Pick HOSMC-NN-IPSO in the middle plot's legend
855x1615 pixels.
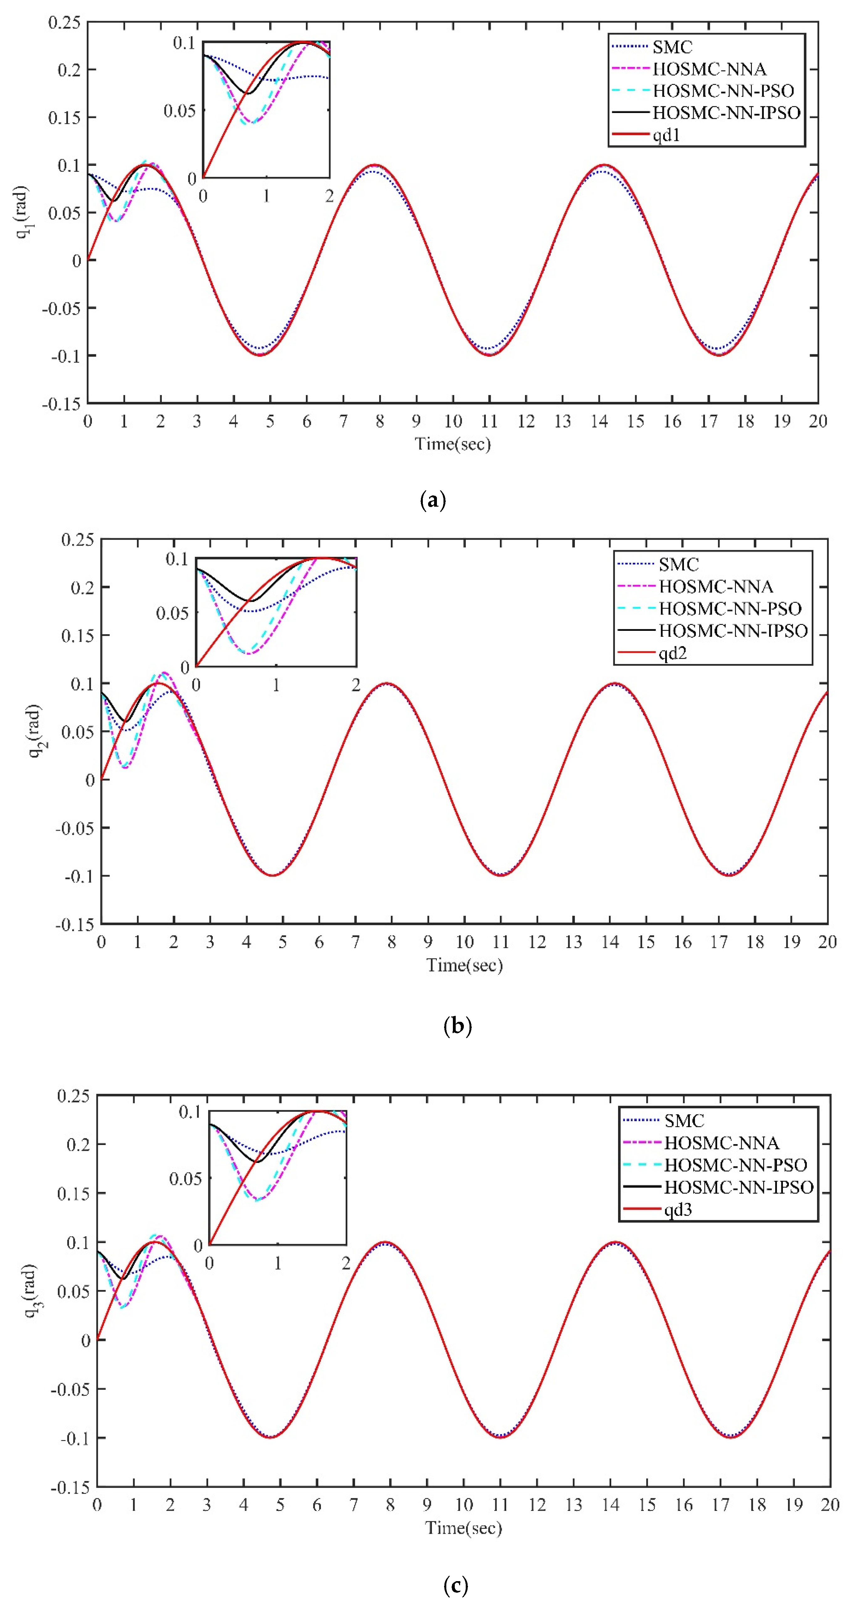pos(733,631)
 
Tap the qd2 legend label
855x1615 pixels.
pos(673,653)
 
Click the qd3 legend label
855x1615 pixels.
pos(678,1209)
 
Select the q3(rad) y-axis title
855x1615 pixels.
pos(31,1290)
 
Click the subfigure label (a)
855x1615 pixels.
pos(433,500)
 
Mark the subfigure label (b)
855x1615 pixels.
pos(457,1026)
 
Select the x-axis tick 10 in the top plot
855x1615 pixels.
pos(453,421)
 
